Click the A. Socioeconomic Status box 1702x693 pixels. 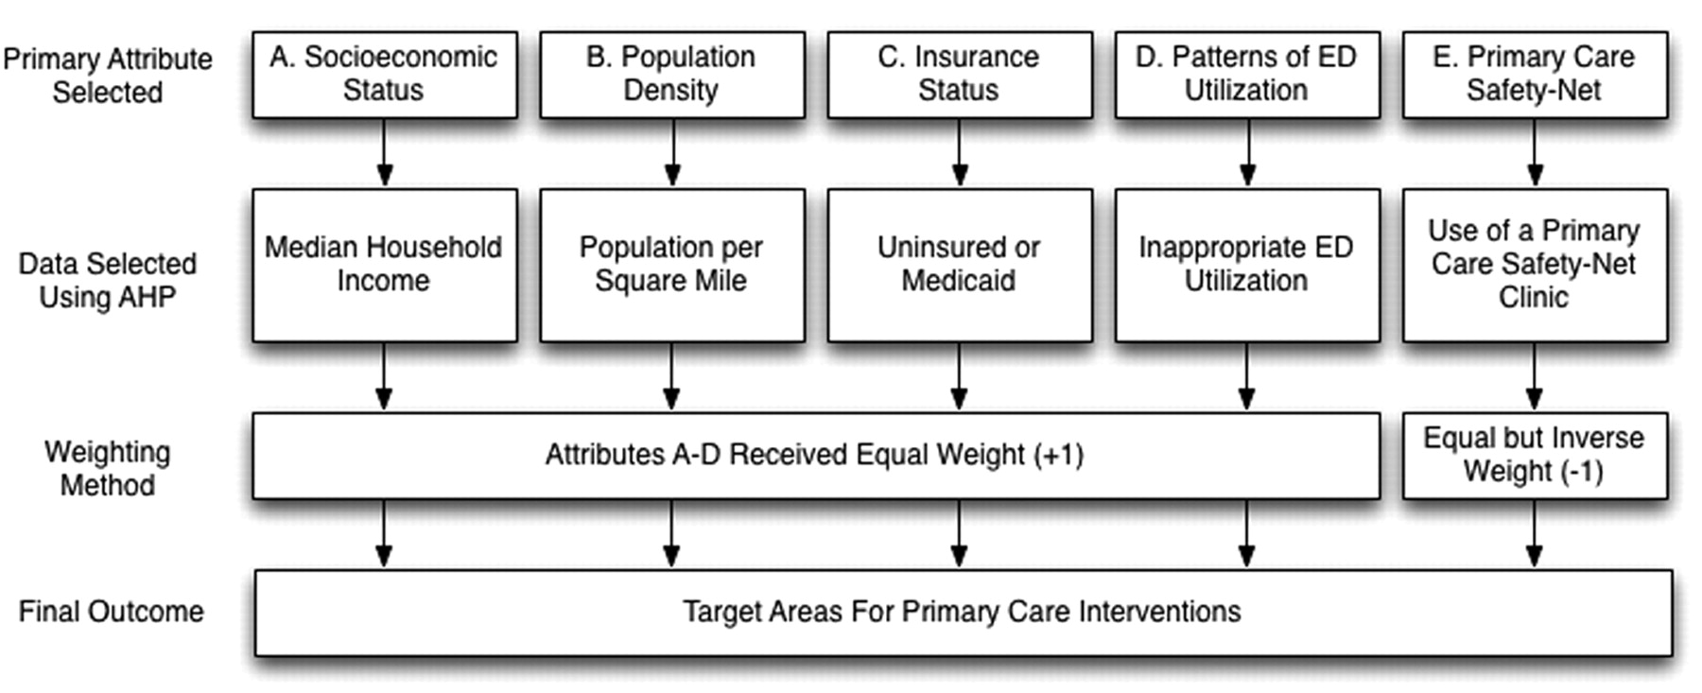pos(385,75)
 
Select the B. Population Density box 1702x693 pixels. pos(672,75)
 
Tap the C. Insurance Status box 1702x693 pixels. pos(960,75)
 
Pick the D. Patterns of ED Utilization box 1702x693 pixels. pos(1247,75)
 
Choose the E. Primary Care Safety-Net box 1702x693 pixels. pos(1535,75)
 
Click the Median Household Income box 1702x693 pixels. pos(385,265)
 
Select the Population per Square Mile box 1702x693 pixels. pos(672,265)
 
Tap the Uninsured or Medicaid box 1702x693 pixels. pos(960,265)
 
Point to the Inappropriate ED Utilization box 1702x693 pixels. pos(1247,265)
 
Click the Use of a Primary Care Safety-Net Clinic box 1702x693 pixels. pos(1535,265)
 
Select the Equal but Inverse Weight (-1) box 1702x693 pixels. pos(1535,456)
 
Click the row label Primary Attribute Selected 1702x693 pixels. pos(107,76)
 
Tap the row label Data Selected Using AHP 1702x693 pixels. pos(107,280)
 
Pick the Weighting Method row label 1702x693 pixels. pos(107,469)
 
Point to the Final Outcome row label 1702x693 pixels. pos(111,612)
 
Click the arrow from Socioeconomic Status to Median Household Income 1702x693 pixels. pos(384,152)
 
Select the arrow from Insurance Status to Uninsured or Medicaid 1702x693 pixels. pos(959,152)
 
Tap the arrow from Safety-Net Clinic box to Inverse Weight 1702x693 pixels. pos(1534,376)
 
